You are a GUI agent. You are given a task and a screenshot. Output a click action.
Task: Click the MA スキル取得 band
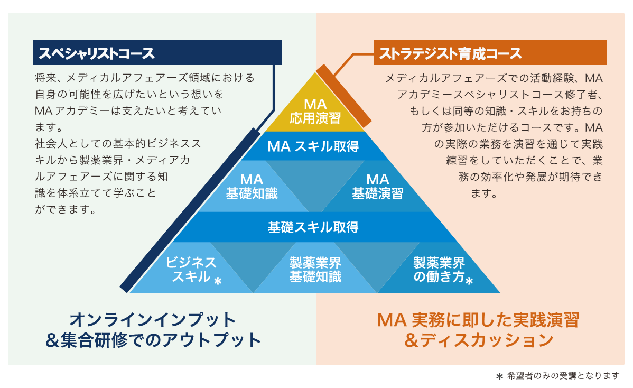(x=313, y=146)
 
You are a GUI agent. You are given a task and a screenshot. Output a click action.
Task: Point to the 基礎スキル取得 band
(x=313, y=227)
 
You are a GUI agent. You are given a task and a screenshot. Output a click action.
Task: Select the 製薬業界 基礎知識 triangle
(x=315, y=270)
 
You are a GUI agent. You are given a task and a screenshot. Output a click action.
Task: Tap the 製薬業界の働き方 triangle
(x=439, y=270)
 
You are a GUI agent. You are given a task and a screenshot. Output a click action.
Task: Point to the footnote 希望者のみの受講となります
(x=563, y=376)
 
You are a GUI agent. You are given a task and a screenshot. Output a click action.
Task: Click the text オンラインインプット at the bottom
(x=153, y=319)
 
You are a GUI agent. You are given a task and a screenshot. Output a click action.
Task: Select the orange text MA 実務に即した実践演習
(x=478, y=319)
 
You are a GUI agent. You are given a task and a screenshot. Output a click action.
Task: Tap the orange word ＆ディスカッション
(x=478, y=340)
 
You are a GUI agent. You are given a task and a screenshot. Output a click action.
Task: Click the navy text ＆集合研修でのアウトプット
(x=153, y=340)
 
